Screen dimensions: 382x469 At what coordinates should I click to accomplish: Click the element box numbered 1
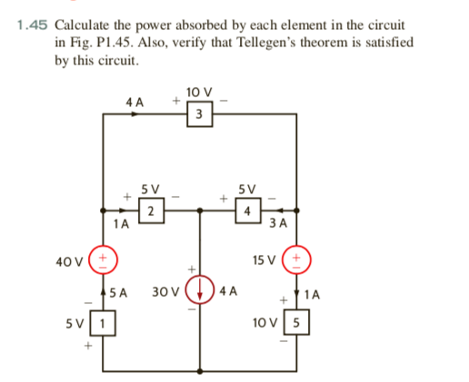point(105,322)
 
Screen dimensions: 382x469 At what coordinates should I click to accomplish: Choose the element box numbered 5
point(296,322)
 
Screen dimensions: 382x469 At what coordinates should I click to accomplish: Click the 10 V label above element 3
point(198,92)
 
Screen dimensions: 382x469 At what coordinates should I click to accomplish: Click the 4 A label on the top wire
point(135,103)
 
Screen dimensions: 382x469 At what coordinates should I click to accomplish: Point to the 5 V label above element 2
point(151,190)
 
